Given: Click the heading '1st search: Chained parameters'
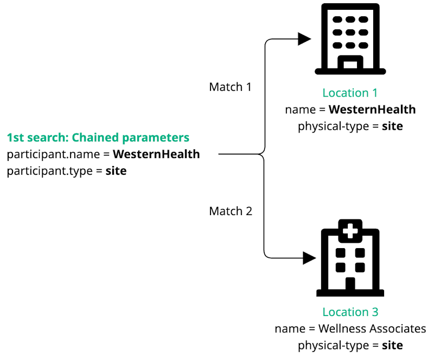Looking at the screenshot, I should click(98, 137).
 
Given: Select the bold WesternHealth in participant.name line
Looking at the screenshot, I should click(156, 154).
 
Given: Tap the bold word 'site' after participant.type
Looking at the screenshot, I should click(116, 171).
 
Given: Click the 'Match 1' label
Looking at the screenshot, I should click(230, 87).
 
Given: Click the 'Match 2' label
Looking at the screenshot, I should click(231, 211).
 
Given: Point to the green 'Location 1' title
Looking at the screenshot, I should click(350, 93).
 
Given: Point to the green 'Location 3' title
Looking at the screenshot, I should click(350, 312).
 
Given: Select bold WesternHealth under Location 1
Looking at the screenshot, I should click(372, 110).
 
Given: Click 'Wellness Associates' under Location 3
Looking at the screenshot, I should click(372, 329).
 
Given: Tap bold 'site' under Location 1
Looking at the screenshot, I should click(392, 127).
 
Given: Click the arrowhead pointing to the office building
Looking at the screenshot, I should click(305, 39).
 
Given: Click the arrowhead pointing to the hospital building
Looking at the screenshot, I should click(309, 257).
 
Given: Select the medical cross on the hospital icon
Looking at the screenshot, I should click(350, 232).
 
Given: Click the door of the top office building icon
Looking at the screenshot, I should click(350, 65).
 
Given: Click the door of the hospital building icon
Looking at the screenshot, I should click(350, 284).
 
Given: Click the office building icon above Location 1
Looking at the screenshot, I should click(350, 38).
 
